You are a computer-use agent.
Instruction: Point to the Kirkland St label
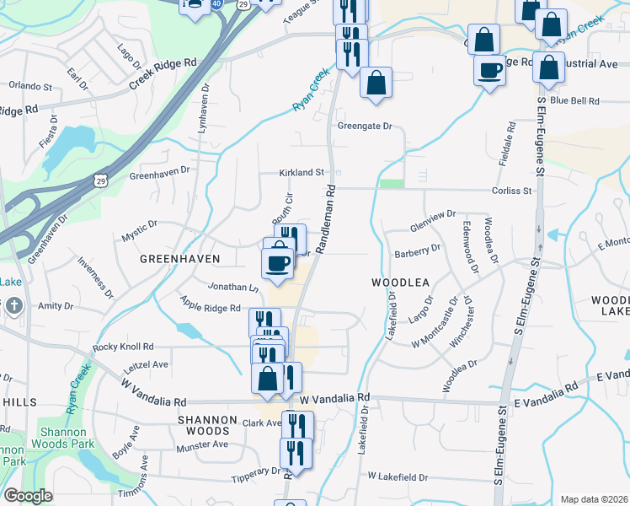coord(302,173)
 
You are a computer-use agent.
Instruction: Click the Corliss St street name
coord(514,191)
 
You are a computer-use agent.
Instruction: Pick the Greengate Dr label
coord(366,126)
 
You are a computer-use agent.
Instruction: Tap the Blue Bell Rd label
coord(574,100)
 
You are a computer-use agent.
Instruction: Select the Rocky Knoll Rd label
coord(124,347)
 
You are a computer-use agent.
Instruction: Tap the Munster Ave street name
coord(202,444)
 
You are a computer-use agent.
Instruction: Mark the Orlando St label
coord(30,85)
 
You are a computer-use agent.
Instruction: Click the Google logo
coord(28,496)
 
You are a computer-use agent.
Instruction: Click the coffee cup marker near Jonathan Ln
coord(279,263)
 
